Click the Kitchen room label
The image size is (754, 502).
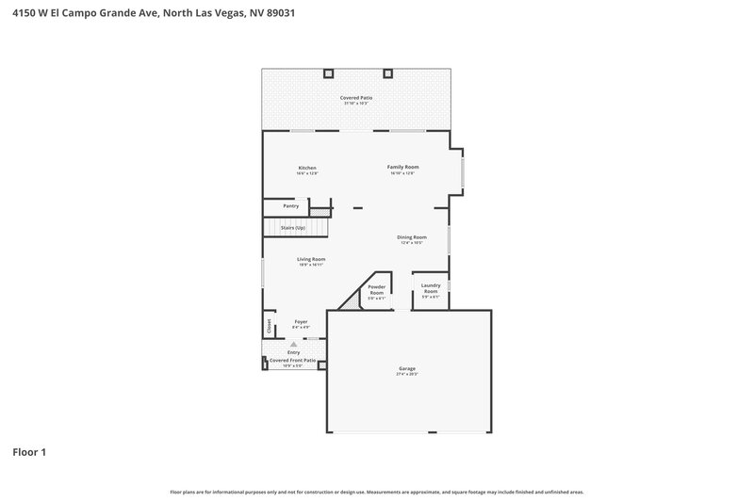[x=307, y=168]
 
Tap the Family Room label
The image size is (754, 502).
[x=402, y=167]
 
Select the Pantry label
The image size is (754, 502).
[x=290, y=205]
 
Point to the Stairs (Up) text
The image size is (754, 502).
[x=293, y=228]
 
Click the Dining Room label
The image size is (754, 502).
[x=411, y=237]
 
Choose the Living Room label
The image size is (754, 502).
[x=311, y=259]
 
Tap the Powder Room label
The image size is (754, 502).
[x=377, y=289]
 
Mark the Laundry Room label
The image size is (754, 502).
[x=431, y=289]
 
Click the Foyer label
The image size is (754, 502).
[x=301, y=322]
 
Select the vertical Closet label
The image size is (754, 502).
[x=269, y=326]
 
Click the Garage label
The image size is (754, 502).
[x=406, y=368]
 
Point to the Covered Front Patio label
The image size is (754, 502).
[x=292, y=360]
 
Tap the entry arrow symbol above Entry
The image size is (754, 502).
[x=293, y=345]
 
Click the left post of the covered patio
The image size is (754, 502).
[x=328, y=73]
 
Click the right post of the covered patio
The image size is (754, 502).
[x=386, y=73]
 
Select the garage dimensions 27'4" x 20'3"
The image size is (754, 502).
[x=406, y=374]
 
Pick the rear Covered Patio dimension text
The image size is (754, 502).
[x=355, y=103]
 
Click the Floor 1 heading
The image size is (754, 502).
[x=29, y=452]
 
